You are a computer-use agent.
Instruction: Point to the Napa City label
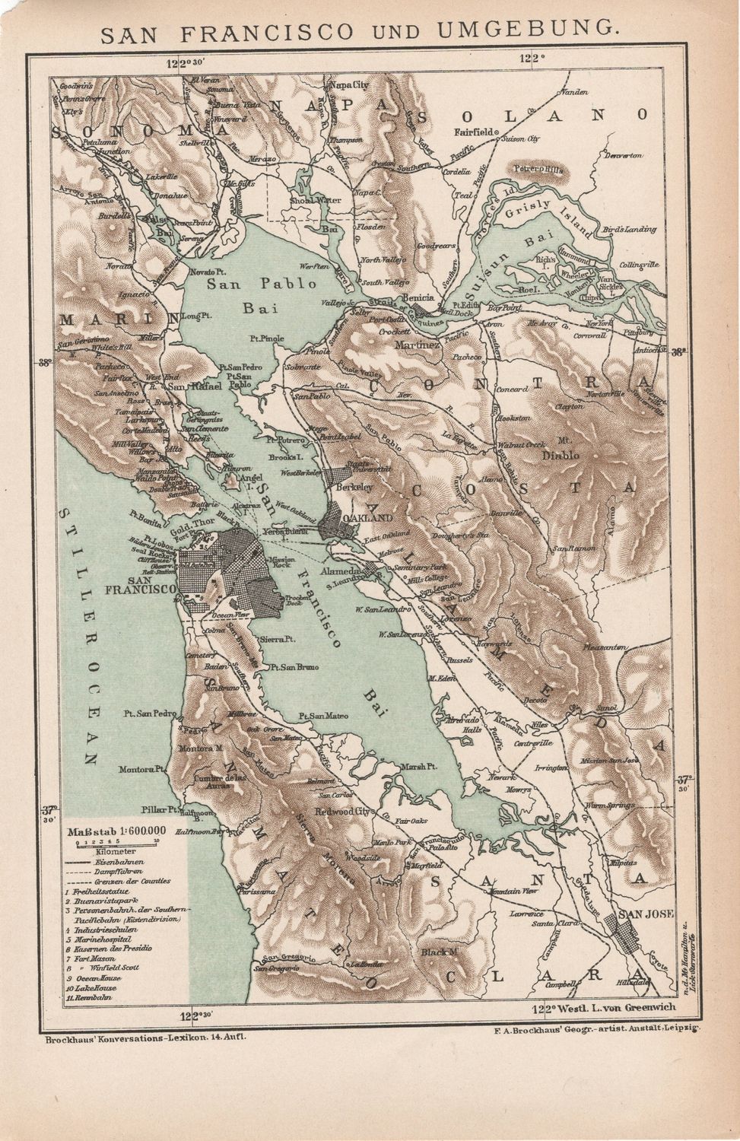pyautogui.click(x=347, y=85)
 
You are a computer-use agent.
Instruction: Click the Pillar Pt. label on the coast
pyautogui.click(x=162, y=808)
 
